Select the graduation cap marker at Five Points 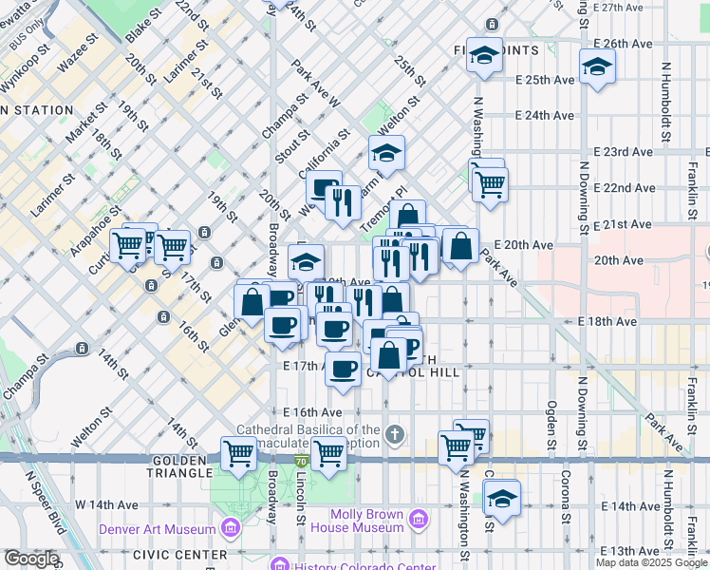pyautogui.click(x=484, y=55)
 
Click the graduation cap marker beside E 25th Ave pyautogui.click(x=597, y=66)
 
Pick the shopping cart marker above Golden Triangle pyautogui.click(x=238, y=454)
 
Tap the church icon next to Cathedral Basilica pyautogui.click(x=395, y=435)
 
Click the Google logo pyautogui.click(x=30, y=559)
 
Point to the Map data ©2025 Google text pyautogui.click(x=651, y=562)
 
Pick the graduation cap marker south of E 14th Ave pyautogui.click(x=501, y=497)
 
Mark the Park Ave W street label pyautogui.click(x=315, y=84)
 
